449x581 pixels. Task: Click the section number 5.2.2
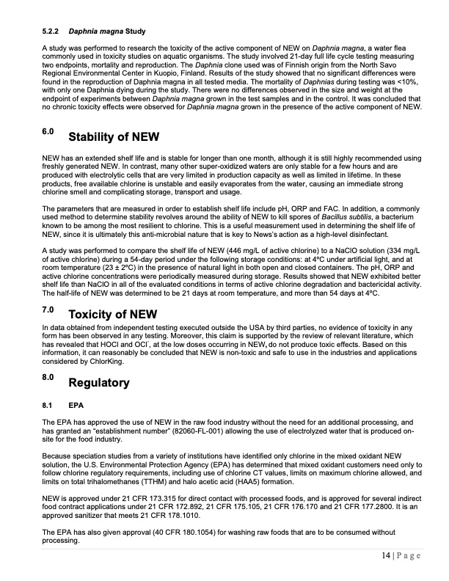pos(51,32)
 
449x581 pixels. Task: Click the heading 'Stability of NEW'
pos(113,138)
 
